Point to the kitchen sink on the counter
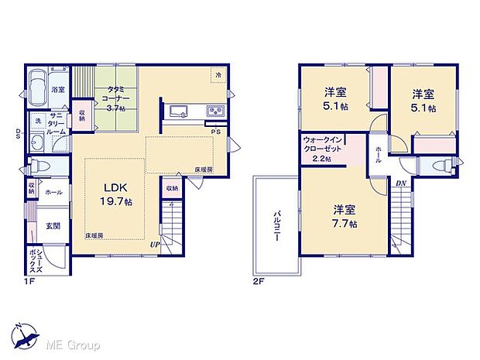point(179,111)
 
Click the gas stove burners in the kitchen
point(214,112)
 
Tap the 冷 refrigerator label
point(218,76)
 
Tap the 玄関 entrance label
point(53,226)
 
